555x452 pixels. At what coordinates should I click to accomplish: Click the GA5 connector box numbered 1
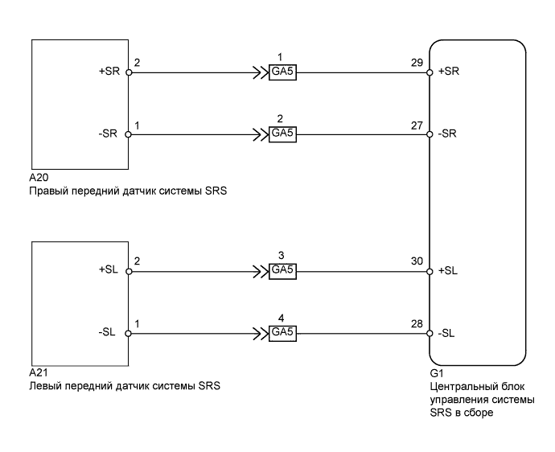coord(283,72)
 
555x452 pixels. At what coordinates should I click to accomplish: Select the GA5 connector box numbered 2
coord(283,134)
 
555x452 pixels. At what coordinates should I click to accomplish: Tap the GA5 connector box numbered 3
coord(283,271)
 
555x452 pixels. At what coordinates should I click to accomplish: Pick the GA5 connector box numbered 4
coord(283,332)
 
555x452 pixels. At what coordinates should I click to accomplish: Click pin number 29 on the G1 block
coord(416,62)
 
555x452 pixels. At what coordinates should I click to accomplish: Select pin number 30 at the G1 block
coord(416,261)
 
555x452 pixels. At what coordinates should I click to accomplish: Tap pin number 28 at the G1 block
coord(416,323)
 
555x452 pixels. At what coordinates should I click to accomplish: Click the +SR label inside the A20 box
coord(107,72)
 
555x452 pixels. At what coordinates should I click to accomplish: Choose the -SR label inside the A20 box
coord(108,134)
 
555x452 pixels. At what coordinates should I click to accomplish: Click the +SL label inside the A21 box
coord(107,271)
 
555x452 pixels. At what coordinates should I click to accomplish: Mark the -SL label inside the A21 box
coord(108,332)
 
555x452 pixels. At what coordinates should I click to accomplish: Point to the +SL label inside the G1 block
coord(448,271)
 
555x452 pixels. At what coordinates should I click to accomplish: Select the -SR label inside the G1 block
coord(448,134)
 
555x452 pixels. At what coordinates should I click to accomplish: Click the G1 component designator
coord(437,374)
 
